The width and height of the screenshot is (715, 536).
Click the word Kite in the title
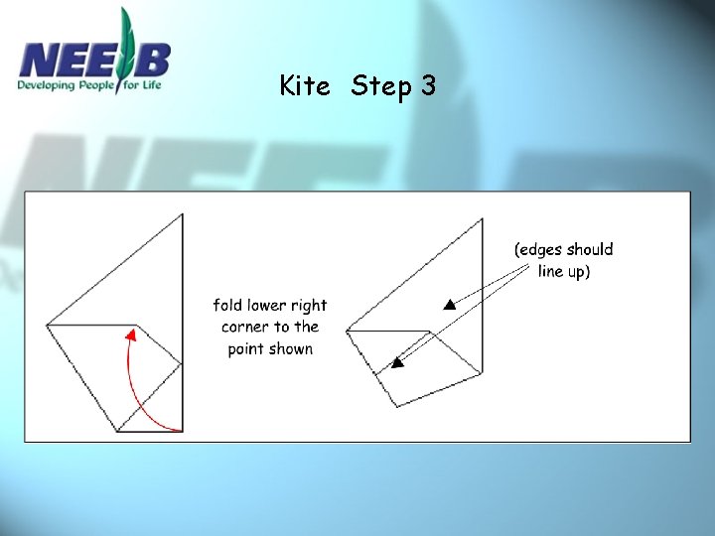pos(305,85)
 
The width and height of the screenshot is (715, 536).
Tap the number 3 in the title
pos(428,84)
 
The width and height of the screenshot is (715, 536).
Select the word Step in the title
pos(380,86)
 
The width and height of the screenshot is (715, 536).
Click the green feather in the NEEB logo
pos(125,48)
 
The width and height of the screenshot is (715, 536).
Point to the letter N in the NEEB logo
pos(39,60)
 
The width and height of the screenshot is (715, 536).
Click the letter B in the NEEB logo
pos(152,60)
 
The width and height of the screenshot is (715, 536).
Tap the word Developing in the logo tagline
pos(46,85)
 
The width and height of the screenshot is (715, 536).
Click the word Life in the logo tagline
pos(151,84)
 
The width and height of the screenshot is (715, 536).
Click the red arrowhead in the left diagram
pos(131,335)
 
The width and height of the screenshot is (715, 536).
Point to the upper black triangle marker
pos(450,305)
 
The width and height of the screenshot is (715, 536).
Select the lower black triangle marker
pos(397,363)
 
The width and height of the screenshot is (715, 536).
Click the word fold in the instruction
pos(227,305)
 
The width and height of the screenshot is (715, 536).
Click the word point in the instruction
pos(246,350)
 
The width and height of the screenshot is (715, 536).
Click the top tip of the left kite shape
pos(183,213)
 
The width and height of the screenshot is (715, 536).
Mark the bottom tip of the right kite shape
pos(397,406)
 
